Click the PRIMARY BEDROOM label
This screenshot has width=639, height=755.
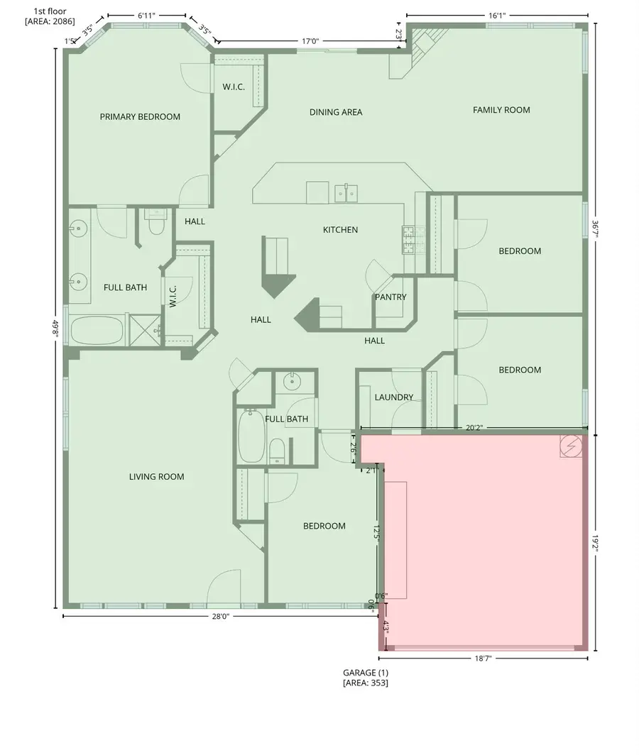[x=140, y=117]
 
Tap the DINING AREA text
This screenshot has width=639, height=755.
[x=336, y=112]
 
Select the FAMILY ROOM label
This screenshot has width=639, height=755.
[x=501, y=110]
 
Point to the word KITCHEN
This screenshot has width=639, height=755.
[x=340, y=230]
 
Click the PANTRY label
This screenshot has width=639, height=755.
[x=390, y=297]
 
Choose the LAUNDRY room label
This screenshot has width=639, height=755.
[x=393, y=397]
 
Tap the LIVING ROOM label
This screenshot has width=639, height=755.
[x=156, y=477]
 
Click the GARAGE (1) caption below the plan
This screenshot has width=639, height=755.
[x=366, y=672]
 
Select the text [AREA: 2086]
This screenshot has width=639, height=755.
[x=50, y=22]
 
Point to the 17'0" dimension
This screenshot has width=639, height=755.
[x=310, y=42]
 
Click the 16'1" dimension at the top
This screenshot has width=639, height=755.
[x=497, y=14]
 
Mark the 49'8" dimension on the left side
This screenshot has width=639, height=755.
[x=55, y=331]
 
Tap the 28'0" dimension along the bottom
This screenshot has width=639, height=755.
[x=220, y=617]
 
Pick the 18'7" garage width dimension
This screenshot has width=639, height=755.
[x=483, y=659]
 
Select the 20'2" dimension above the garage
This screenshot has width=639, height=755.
[x=475, y=428]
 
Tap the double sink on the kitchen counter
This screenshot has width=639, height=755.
[x=346, y=192]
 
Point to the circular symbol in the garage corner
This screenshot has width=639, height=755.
[x=572, y=446]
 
